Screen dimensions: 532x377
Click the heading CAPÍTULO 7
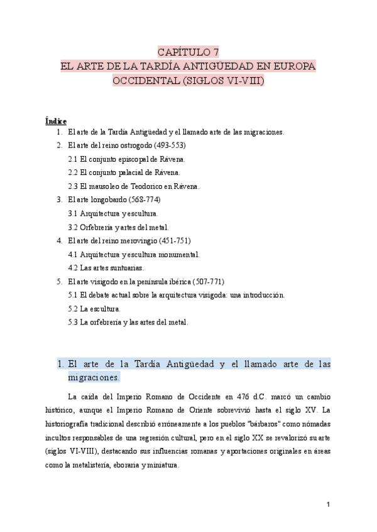coord(188,52)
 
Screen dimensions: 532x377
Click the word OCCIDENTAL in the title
coord(145,81)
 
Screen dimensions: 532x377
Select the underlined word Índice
coord(57,120)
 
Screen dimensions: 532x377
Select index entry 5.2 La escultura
coord(94,309)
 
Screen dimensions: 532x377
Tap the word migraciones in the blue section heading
coord(93,378)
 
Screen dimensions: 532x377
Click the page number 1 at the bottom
coord(328,504)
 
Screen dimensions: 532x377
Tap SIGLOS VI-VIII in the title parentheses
coord(223,81)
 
